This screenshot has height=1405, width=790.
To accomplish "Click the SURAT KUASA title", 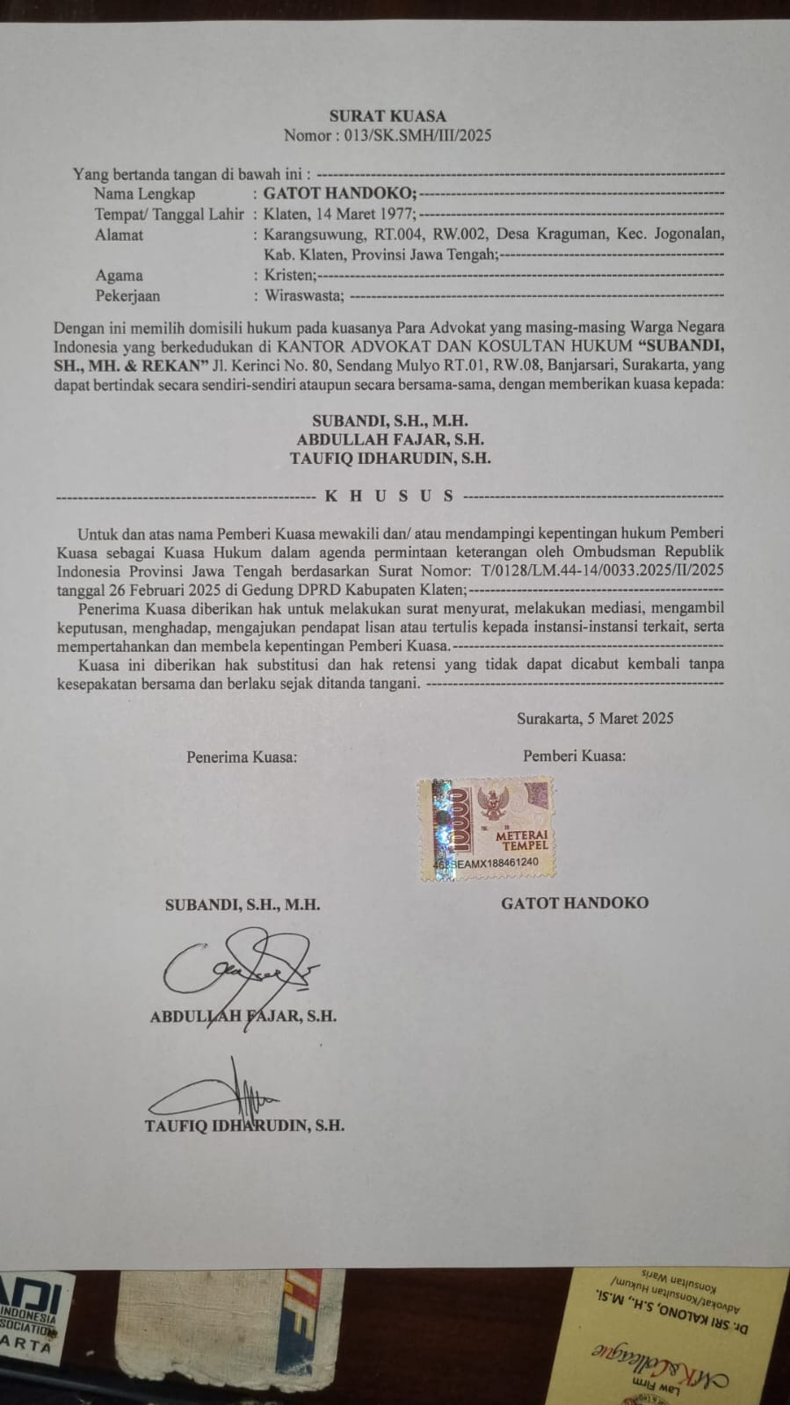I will (x=388, y=115).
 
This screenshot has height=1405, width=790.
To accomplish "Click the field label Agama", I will (x=119, y=275).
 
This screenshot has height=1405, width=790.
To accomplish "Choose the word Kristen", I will (x=290, y=275).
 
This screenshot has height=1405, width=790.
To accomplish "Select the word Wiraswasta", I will (x=305, y=296).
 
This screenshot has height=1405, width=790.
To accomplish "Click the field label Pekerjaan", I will (x=127, y=296).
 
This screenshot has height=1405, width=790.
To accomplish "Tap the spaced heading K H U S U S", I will (x=389, y=496).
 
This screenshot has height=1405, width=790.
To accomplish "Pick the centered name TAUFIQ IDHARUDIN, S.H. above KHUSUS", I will (x=390, y=458).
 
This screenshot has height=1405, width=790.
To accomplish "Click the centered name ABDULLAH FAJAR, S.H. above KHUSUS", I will (x=390, y=439).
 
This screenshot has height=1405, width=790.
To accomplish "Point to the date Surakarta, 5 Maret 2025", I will (x=595, y=718).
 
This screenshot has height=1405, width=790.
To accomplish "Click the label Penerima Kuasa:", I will (x=242, y=756).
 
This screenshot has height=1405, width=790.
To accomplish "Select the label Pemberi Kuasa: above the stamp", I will (x=575, y=756).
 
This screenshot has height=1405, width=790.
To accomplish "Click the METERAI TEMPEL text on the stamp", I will (x=522, y=839).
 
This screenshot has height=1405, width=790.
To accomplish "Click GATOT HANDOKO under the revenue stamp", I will (x=575, y=902).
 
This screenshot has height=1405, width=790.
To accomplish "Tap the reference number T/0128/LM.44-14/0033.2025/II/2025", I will (x=597, y=570).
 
